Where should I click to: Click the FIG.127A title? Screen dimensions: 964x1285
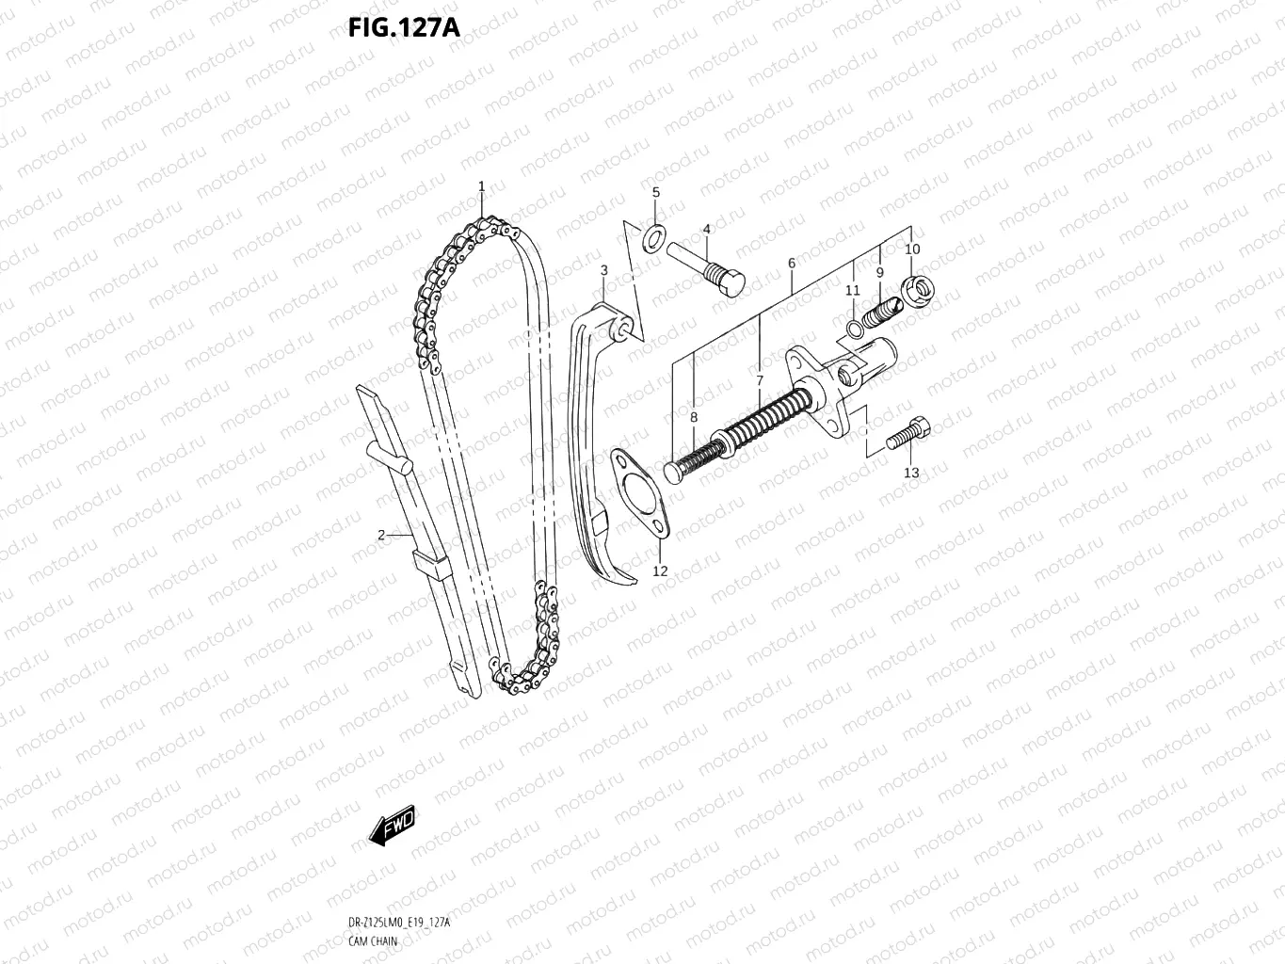[x=403, y=27]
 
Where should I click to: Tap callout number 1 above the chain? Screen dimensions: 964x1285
[x=481, y=186]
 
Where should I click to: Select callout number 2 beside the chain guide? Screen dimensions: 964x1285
[x=381, y=536]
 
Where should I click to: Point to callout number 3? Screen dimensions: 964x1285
[x=604, y=270]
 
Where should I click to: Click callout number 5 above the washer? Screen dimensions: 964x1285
[x=656, y=192]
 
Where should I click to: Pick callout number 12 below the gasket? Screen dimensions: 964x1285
[x=660, y=571]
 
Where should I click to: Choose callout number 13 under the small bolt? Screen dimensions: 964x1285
[x=911, y=473]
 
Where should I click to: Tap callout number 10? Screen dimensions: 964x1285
[x=912, y=249]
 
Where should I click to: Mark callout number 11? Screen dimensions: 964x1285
[x=852, y=290]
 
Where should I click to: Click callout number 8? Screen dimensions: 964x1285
[x=694, y=417]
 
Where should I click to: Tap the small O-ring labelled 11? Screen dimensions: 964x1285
[x=853, y=328]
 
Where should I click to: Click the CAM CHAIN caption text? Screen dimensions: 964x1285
[x=373, y=941]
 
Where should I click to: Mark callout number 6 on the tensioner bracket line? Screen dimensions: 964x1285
[x=792, y=264]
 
